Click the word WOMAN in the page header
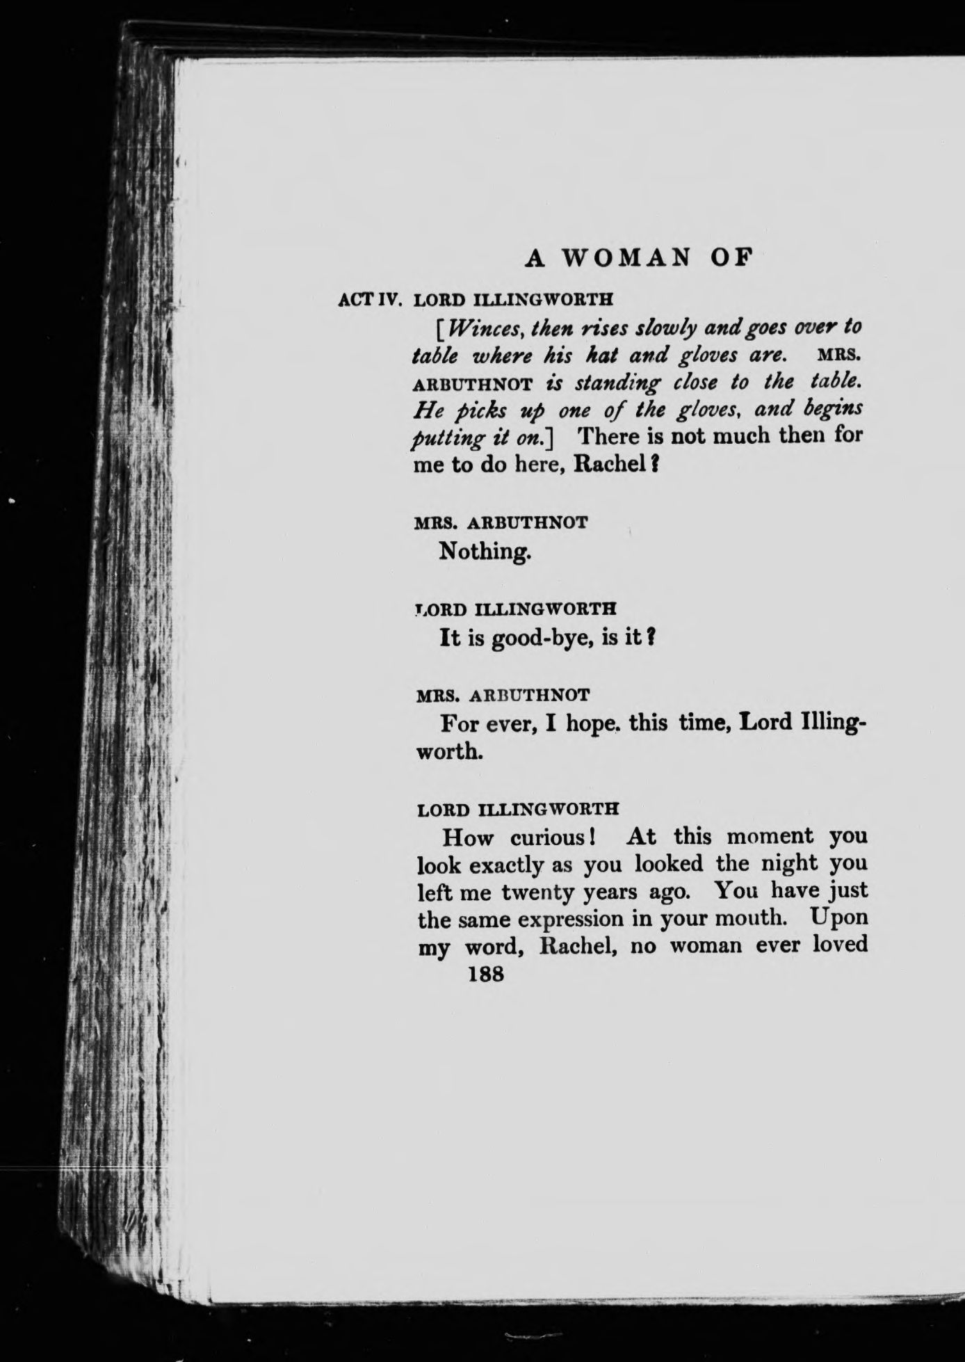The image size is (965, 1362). point(626,257)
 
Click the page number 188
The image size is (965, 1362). point(486,974)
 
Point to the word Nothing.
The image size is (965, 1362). point(485,552)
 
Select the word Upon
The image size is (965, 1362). point(839,918)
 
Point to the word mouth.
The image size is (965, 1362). point(757,919)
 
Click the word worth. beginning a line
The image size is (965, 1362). point(448,752)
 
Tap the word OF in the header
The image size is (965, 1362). point(731,257)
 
